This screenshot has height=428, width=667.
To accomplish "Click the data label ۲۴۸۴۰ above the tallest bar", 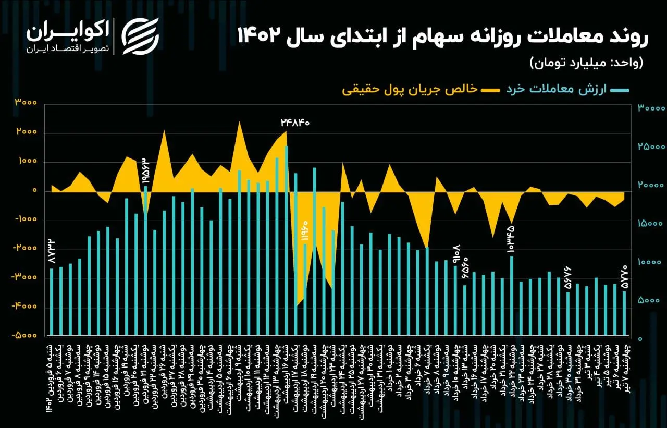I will [295, 123].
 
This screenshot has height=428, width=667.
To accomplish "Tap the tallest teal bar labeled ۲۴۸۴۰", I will [286, 240].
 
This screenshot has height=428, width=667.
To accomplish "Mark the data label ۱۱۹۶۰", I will [305, 230].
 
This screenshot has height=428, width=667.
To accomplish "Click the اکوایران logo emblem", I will [140, 36].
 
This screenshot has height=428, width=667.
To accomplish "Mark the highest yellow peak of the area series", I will [239, 122].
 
